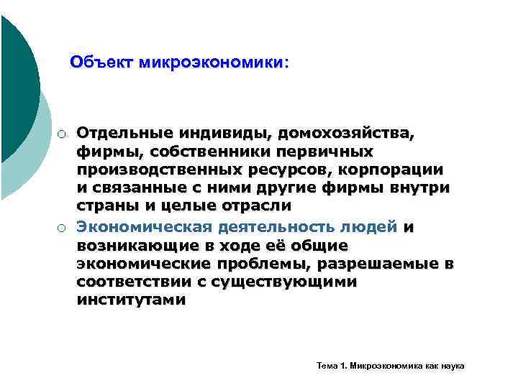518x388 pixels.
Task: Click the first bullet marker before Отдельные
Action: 63,134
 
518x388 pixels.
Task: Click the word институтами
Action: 130,300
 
